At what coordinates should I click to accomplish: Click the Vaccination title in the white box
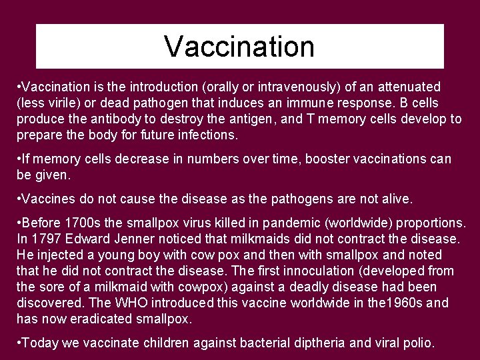[x=239, y=47]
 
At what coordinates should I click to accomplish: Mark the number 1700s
[x=82, y=223]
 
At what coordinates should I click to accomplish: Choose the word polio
[x=417, y=343]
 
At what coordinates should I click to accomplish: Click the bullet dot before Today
[x=19, y=343]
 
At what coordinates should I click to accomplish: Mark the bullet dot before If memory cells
[x=19, y=159]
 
